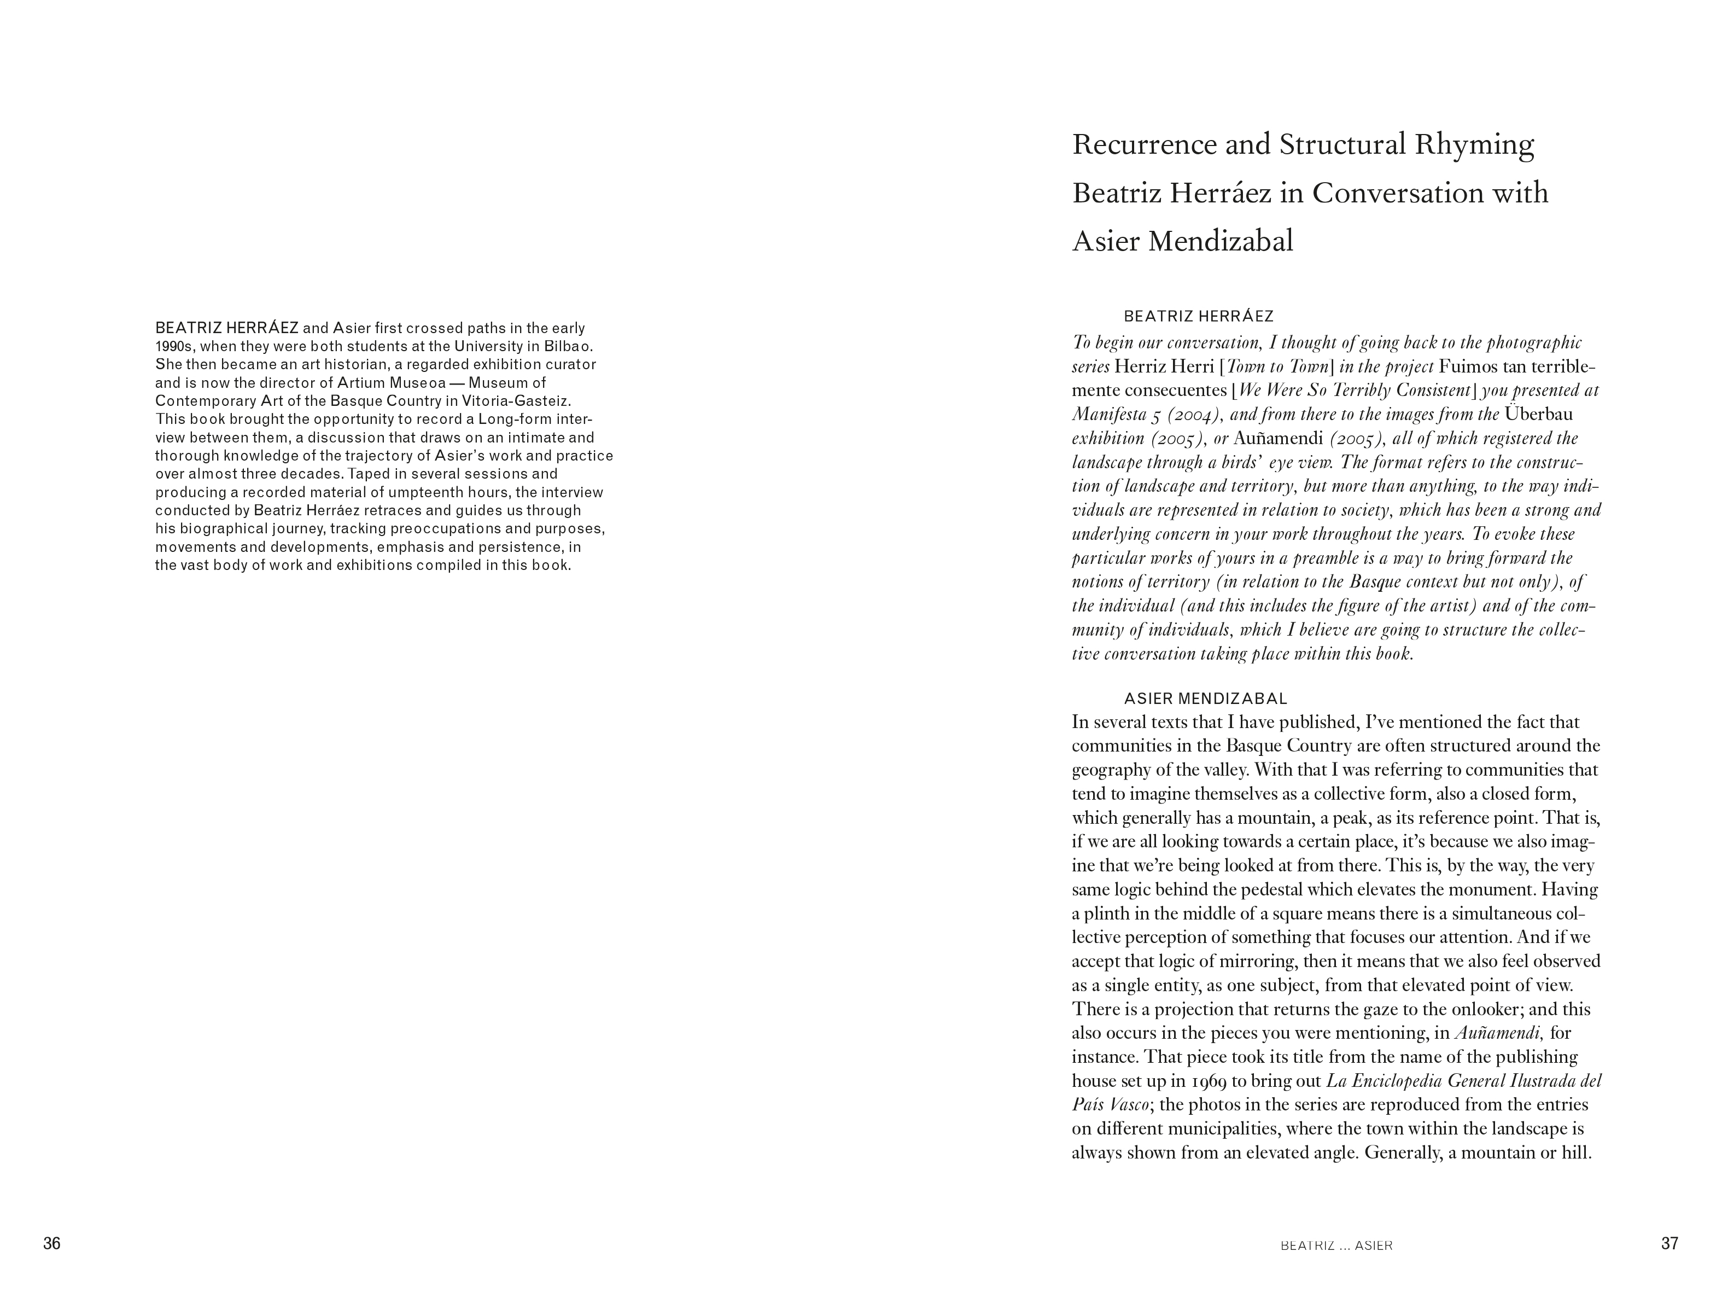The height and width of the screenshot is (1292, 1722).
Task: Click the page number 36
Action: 51,1244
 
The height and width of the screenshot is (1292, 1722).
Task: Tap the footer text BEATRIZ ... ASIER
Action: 1336,1246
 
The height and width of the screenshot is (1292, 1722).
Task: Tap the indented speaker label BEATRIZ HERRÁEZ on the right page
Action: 1199,316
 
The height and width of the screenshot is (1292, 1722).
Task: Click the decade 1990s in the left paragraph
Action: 173,347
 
